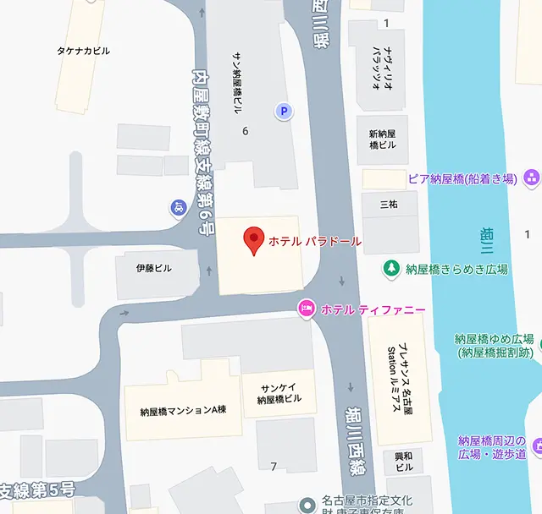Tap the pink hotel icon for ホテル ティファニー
click(x=307, y=309)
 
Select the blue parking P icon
click(x=285, y=110)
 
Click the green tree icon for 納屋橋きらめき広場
click(x=391, y=269)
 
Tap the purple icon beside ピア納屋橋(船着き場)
click(x=531, y=178)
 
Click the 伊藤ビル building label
click(x=154, y=268)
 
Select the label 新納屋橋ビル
click(x=382, y=139)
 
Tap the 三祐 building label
click(x=389, y=205)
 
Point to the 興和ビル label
click(x=404, y=462)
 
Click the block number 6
click(x=246, y=130)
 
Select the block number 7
click(x=274, y=466)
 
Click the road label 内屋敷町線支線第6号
click(x=203, y=152)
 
